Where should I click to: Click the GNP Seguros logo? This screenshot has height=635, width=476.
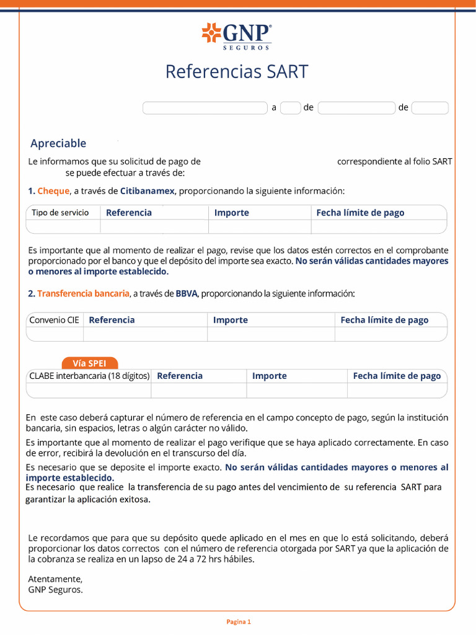click(x=237, y=36)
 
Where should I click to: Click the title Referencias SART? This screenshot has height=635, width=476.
click(x=237, y=72)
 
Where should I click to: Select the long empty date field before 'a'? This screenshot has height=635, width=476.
click(x=205, y=108)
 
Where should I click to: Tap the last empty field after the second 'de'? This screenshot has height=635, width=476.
click(x=430, y=108)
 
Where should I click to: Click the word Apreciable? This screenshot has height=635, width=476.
click(x=58, y=143)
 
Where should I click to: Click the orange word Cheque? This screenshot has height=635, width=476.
click(x=53, y=191)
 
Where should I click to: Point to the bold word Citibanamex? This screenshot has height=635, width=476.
click(x=147, y=191)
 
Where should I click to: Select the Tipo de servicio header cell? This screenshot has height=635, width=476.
click(x=60, y=213)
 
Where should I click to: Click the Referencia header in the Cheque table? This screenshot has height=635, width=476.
click(x=129, y=213)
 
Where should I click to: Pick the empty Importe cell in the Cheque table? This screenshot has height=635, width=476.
click(x=259, y=226)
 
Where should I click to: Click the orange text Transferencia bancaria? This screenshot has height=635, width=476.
click(x=83, y=293)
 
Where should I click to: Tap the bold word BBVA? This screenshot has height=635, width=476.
click(x=186, y=293)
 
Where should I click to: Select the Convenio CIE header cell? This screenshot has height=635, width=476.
click(x=55, y=320)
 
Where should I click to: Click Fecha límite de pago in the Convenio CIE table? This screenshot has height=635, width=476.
click(x=384, y=320)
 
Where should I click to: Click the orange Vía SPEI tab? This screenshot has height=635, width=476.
click(x=90, y=363)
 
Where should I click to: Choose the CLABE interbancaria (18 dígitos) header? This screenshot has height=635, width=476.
click(x=89, y=376)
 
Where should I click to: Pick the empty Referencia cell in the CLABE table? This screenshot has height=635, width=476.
click(x=198, y=390)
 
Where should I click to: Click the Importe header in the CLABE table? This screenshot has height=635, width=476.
click(x=270, y=376)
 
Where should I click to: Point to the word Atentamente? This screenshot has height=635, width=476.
click(x=55, y=579)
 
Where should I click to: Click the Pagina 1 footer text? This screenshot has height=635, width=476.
click(x=238, y=621)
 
